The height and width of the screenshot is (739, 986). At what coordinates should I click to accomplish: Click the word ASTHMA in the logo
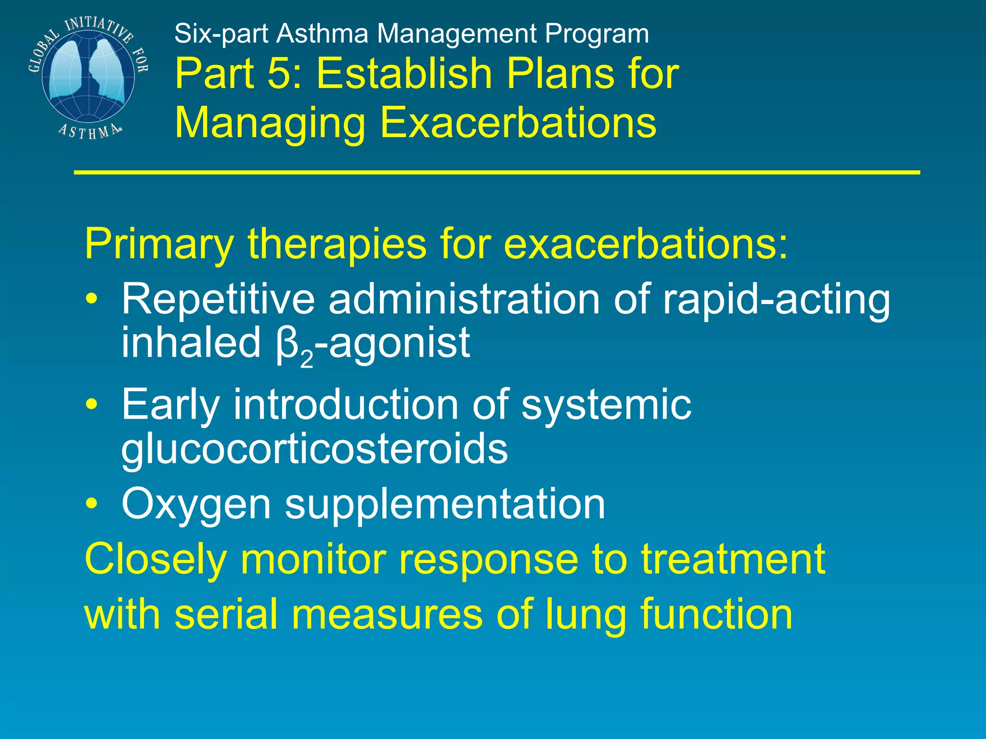90,131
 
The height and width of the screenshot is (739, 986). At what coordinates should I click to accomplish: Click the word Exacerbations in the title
518,122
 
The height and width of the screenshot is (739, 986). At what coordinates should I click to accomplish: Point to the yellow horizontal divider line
496,172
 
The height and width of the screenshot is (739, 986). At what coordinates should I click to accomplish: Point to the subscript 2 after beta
306,359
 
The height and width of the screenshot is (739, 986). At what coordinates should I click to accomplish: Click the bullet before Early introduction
91,404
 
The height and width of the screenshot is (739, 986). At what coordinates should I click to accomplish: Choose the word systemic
606,405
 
